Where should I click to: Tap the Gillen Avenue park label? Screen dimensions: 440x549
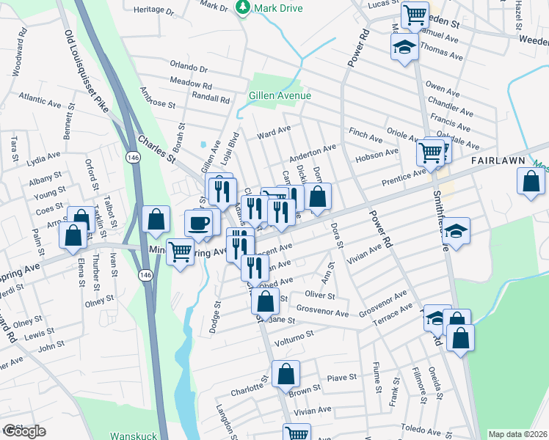[x=280, y=96]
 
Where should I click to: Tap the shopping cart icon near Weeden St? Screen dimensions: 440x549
[x=415, y=13]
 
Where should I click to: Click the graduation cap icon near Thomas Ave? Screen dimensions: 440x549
[x=402, y=48]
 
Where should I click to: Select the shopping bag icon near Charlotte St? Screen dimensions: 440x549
[x=286, y=374]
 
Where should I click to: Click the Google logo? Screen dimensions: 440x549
[x=24, y=430]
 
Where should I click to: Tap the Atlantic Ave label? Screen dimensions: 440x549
[x=41, y=97]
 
